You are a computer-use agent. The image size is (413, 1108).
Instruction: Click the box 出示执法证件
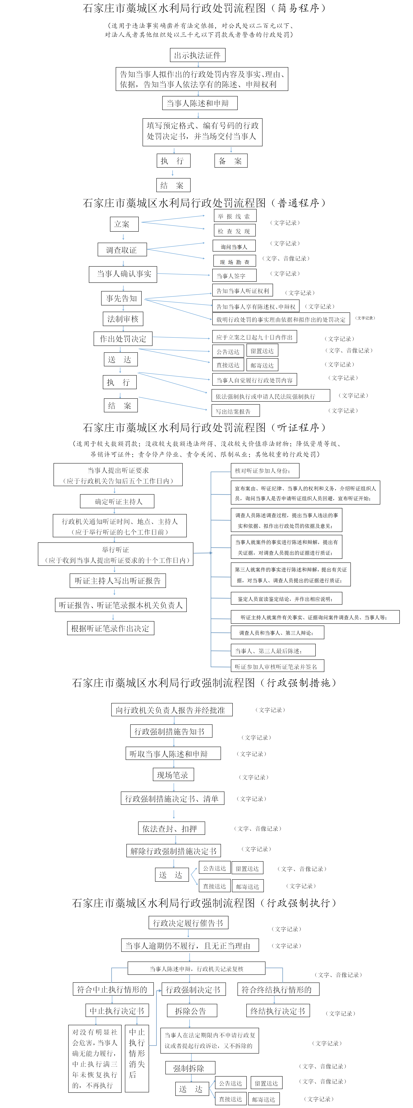pos(197,55)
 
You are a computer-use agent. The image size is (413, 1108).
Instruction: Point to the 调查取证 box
pos(122,249)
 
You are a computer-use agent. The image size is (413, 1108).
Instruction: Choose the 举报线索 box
pos(235,216)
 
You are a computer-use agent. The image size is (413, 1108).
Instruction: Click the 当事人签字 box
pos(235,275)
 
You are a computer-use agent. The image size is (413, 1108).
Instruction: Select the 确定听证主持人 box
pos(117,501)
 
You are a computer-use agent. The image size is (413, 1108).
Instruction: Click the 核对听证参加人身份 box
pos(265,470)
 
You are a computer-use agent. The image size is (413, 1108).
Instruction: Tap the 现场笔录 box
pos(173,775)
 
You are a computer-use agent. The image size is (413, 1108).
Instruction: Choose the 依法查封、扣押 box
pos(171,828)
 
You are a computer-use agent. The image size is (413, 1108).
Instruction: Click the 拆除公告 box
pos(192,1011)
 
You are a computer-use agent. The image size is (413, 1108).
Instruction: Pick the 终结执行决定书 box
pos(278,1011)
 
